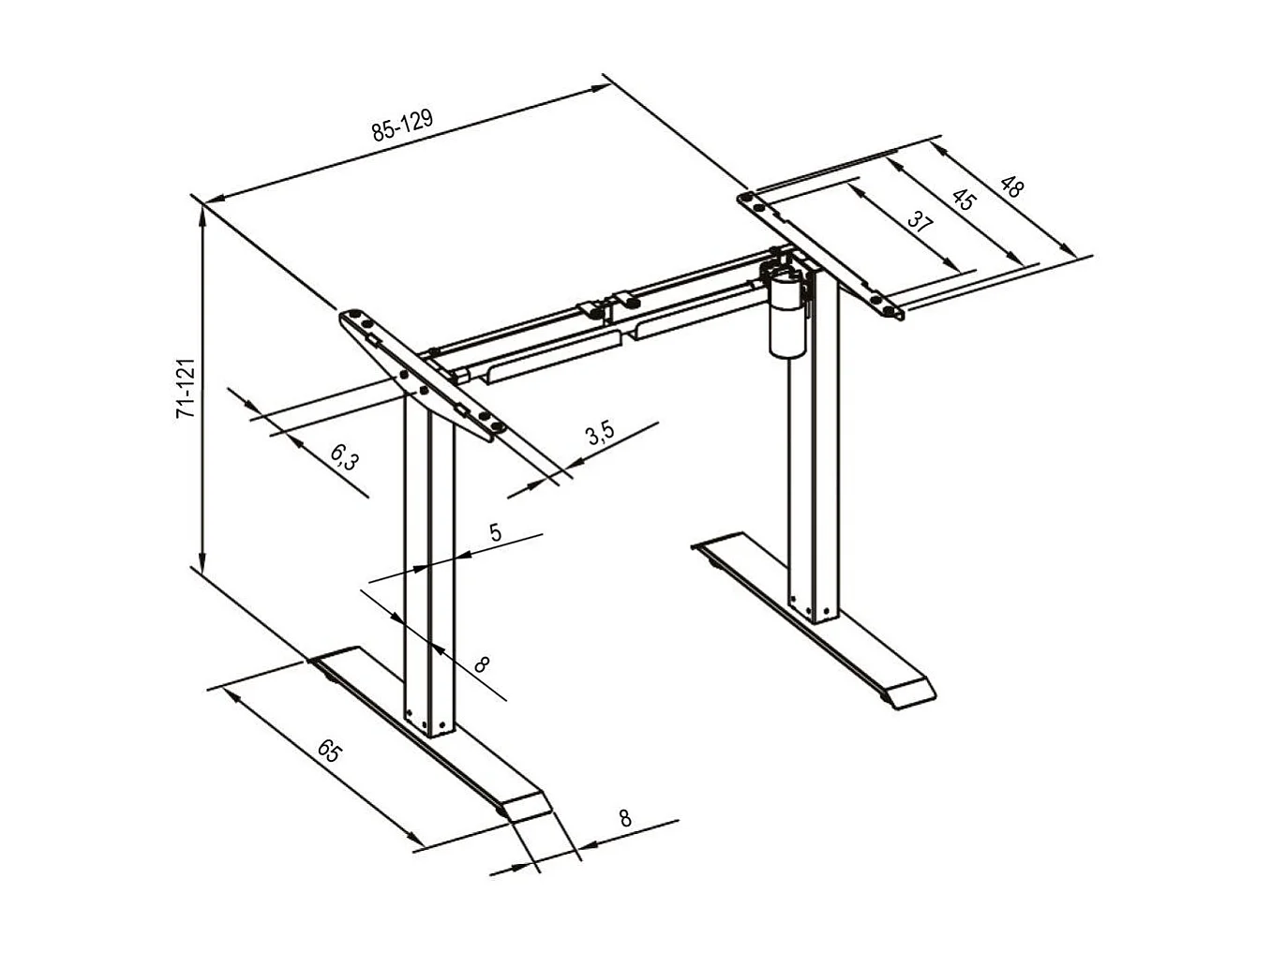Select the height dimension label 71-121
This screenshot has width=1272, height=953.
[x=186, y=386]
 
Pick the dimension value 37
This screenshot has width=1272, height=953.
[x=921, y=223]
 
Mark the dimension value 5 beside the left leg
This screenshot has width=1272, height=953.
[x=496, y=532]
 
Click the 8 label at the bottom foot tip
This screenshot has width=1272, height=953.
[x=625, y=817]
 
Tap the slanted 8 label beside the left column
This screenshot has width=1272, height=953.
[x=482, y=664]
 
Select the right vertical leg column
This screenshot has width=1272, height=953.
[x=813, y=469]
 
